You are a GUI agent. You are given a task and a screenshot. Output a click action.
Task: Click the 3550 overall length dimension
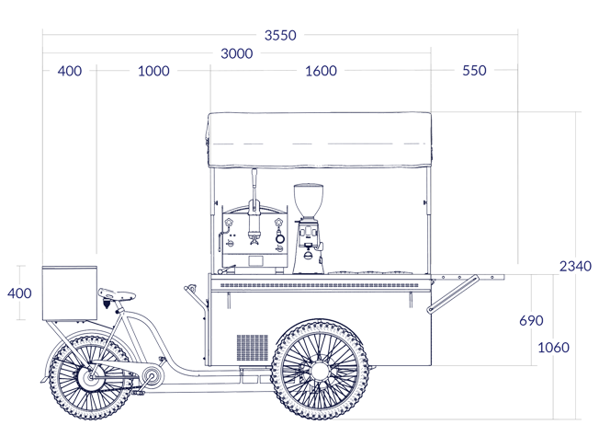coord(280,35)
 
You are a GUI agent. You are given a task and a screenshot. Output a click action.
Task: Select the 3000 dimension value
coord(236,53)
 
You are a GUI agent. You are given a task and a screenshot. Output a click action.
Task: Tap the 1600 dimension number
coord(321,71)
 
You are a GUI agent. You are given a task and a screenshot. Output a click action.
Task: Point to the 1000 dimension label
coord(153,71)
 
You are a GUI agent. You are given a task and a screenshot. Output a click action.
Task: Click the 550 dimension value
coord(474,71)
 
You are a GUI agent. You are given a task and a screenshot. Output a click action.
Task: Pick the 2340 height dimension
coord(575,266)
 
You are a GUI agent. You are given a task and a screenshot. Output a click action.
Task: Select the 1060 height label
coord(553,348)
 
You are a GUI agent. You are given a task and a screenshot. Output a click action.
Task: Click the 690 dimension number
coord(531,320)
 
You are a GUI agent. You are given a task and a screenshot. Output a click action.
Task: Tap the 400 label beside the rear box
coord(19,293)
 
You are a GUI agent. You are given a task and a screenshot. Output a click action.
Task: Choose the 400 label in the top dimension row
coord(70,71)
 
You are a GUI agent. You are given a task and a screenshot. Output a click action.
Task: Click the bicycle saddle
coord(117,293)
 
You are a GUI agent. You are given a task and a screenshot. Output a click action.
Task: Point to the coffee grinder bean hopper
coord(309,201)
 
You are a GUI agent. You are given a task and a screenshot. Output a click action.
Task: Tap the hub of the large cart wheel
coord(320,371)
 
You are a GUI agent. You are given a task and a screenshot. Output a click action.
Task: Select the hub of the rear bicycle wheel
coord(91,378)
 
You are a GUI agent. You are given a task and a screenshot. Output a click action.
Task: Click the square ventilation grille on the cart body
coord(253,348)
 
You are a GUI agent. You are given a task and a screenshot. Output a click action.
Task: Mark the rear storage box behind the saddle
coord(70,293)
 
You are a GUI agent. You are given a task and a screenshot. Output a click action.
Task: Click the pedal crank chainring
coord(153,377)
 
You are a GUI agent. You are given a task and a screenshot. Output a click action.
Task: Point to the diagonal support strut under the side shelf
coord(453,294)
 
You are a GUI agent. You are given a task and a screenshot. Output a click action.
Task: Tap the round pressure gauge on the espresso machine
coord(280,238)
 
